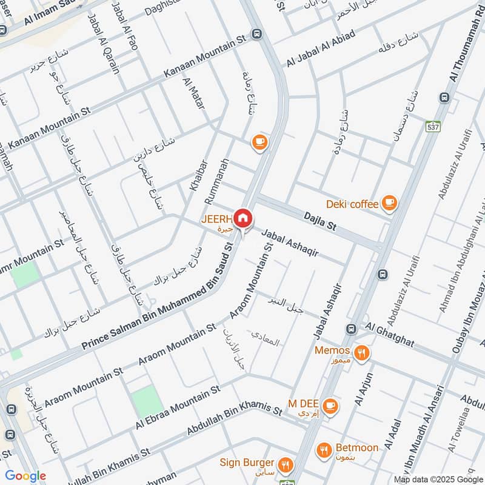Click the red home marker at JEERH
pyautogui.click(x=243, y=218)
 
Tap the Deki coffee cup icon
pyautogui.click(x=389, y=204)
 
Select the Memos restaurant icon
pyautogui.click(x=361, y=352)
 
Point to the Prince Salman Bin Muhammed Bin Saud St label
pyautogui.click(x=159, y=296)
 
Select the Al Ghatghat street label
pyautogui.click(x=389, y=334)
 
